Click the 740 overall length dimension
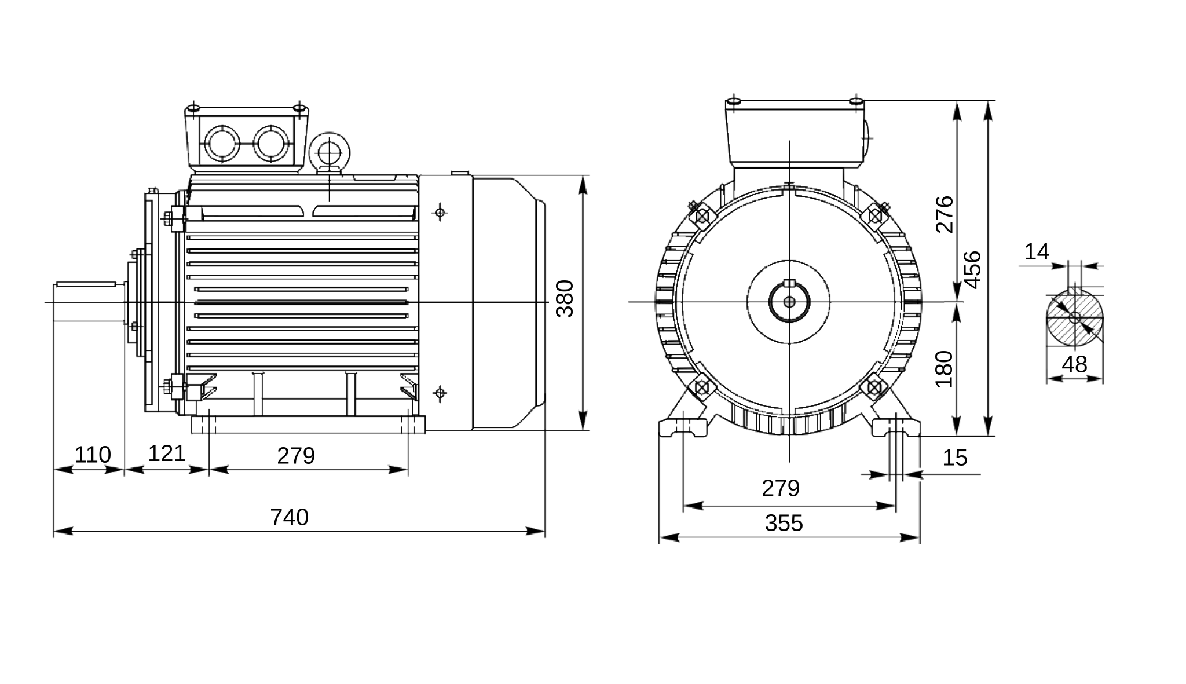pos(290,517)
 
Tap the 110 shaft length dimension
pos(93,455)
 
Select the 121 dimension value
pos(167,453)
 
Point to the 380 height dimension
pos(565,298)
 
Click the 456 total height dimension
pos(973,269)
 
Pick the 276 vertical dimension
pos(945,214)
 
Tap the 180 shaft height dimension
pos(944,369)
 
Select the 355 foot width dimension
pos(784,524)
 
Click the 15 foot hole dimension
pos(955,458)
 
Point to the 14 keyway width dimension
pos(1037,252)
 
